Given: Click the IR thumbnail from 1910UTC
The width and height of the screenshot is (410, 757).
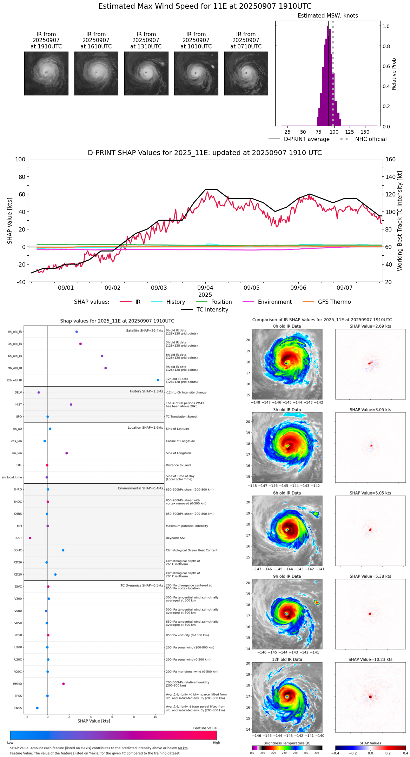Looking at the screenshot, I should point(46,73).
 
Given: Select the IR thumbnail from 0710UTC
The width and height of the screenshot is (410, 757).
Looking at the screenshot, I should point(246,73).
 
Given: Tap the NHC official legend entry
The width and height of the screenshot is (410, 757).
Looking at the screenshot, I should point(370,139).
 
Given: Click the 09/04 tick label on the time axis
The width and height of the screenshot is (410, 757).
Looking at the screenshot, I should point(205,288).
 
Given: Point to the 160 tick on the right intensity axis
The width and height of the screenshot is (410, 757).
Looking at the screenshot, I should point(390,159).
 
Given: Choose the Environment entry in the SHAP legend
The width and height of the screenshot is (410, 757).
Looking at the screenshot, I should point(275,302).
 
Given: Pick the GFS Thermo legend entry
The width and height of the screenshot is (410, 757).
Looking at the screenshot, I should point(334,302).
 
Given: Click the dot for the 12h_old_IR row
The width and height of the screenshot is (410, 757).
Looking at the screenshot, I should point(158,380).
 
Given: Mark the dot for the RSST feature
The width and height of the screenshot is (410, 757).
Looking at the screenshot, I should point(30,538).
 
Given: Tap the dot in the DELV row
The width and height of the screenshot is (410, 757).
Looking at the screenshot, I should point(39,393).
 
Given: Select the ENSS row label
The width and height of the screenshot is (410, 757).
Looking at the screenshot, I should point(18,708).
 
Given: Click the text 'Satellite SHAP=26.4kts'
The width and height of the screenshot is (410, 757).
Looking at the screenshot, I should point(145,331).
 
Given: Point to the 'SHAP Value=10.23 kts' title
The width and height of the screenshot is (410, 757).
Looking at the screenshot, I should point(370,660).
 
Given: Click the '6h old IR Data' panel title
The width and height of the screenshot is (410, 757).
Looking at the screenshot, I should point(287,493).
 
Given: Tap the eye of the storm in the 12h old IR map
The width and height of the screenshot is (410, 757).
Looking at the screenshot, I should point(287,697).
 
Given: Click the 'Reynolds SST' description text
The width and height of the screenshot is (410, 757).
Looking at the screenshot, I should point(176,538).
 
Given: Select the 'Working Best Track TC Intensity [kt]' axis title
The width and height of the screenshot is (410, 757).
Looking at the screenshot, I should point(400,221).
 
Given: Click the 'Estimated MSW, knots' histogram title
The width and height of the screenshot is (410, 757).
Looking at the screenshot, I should point(328,16).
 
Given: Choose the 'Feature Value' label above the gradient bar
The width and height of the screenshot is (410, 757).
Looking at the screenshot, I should point(205,728).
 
